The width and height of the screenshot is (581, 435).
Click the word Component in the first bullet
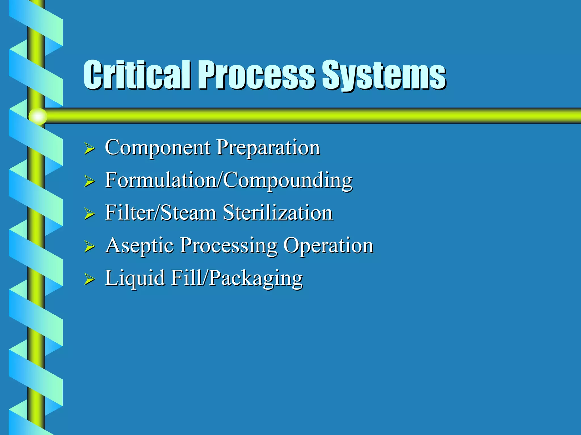point(157,148)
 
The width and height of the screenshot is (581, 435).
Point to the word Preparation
point(268,148)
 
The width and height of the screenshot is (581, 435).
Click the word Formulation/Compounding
point(228,180)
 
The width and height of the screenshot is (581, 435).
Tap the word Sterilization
point(277,213)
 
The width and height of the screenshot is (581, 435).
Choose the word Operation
point(328,246)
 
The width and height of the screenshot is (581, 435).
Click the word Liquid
point(135,278)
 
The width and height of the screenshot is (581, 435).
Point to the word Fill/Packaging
point(237,278)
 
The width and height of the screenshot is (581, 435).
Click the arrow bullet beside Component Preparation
point(89,149)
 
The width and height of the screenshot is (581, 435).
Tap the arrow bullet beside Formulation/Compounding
point(89,181)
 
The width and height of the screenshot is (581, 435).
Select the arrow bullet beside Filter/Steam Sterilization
point(89,214)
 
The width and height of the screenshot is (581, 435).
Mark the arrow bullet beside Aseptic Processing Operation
point(89,246)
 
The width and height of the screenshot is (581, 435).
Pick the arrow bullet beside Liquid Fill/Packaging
point(89,279)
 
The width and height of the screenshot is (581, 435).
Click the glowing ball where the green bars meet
point(37,116)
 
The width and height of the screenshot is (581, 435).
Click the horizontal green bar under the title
point(312,116)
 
